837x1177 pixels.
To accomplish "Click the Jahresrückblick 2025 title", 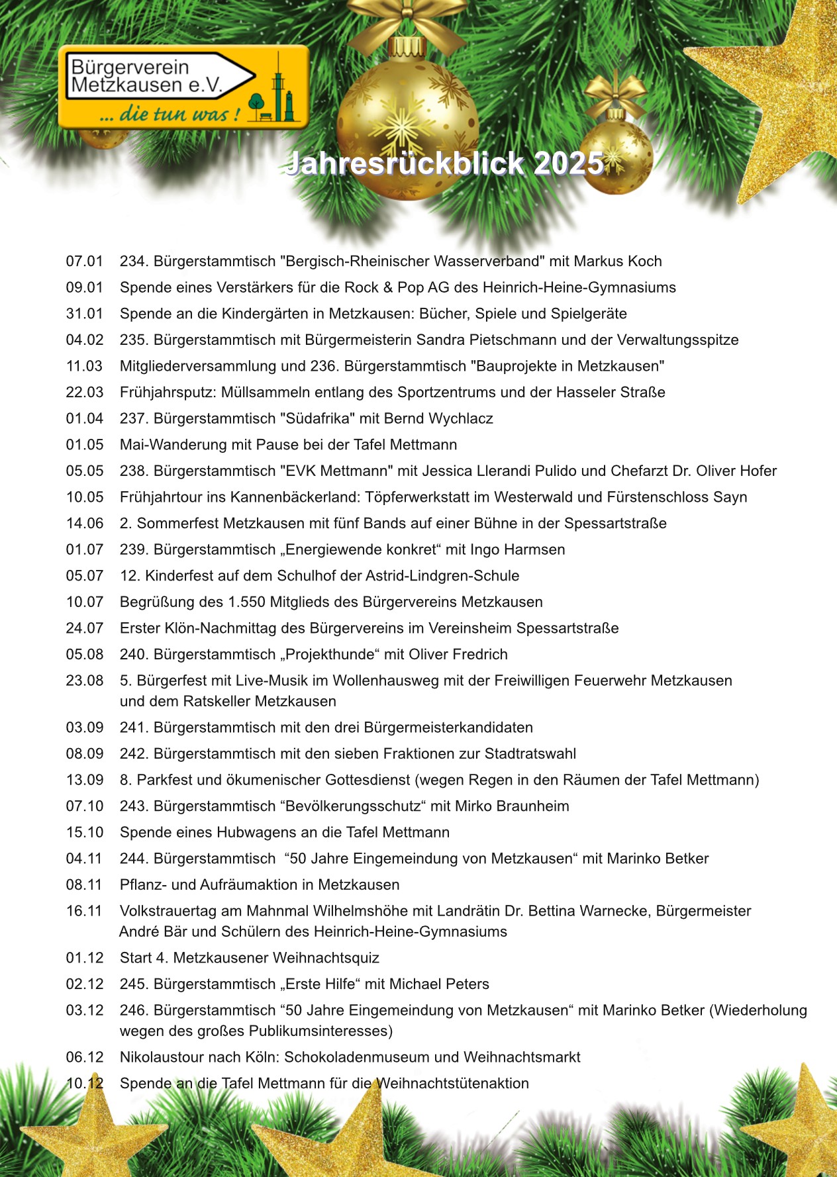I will click(x=445, y=164).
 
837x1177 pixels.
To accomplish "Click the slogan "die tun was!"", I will click(x=170, y=114).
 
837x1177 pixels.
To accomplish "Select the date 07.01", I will click(x=85, y=261).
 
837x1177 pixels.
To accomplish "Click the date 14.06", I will click(x=85, y=524).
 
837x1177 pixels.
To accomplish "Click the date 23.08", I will click(x=85, y=681).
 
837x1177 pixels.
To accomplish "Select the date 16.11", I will click(x=84, y=911).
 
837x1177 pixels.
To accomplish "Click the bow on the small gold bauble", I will click(x=616, y=93).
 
